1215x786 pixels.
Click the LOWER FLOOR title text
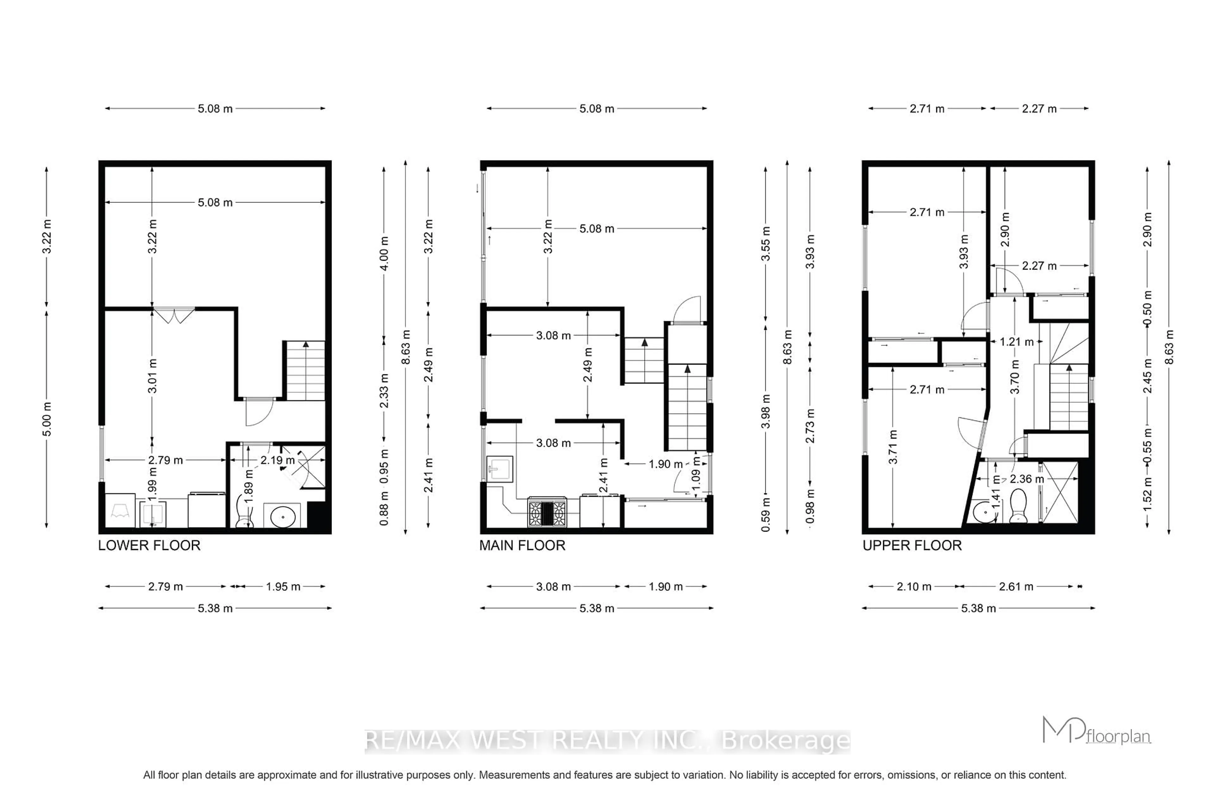click(x=149, y=546)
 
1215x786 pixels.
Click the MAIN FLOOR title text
click(x=522, y=546)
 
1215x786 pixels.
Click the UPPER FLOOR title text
click(x=912, y=546)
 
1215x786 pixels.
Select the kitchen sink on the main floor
click(x=499, y=469)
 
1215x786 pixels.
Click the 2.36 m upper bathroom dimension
click(x=1027, y=479)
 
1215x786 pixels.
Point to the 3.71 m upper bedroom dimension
click(x=893, y=447)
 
